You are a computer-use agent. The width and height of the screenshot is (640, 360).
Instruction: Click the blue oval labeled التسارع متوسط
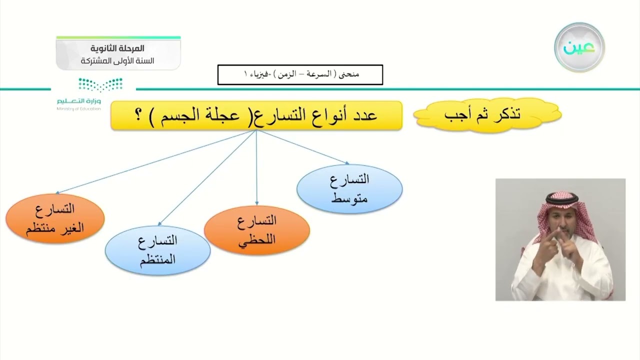[349, 188]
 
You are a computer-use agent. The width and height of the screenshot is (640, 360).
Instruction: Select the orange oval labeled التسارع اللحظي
[257, 230]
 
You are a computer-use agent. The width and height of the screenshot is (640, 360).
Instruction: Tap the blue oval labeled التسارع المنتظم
[157, 250]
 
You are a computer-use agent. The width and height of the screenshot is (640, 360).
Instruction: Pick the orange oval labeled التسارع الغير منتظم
[55, 218]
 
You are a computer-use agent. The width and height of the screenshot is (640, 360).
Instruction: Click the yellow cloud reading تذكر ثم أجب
[487, 115]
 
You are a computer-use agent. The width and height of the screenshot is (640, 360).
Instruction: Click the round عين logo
[579, 47]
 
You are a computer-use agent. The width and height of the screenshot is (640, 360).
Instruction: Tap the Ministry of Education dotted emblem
[100, 84]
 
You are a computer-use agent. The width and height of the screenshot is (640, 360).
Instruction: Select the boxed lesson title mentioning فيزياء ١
[300, 74]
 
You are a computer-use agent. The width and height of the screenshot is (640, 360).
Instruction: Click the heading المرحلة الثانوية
[118, 49]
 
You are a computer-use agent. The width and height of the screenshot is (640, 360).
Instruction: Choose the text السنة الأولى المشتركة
[118, 61]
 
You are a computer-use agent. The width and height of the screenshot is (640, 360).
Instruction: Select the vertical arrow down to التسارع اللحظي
[256, 170]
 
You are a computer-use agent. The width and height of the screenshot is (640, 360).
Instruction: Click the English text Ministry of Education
[78, 108]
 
